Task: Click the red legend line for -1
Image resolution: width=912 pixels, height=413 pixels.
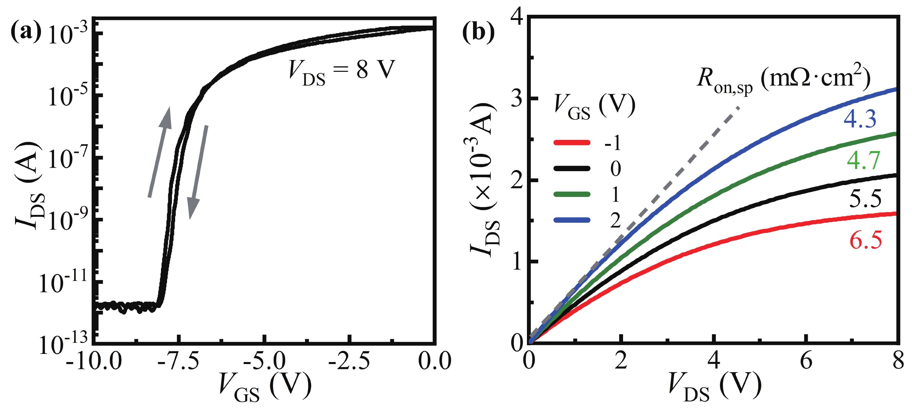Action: point(572,143)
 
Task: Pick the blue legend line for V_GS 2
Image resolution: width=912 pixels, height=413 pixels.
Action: point(572,220)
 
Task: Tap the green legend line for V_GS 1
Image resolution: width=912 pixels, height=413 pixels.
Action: point(572,194)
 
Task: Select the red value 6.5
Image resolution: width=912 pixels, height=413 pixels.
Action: point(866,240)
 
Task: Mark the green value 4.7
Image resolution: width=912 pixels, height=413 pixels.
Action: point(863,160)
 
